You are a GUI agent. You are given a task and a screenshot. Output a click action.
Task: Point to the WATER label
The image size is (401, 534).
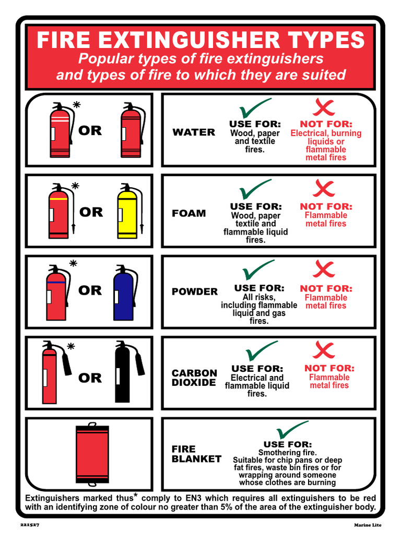click(x=194, y=132)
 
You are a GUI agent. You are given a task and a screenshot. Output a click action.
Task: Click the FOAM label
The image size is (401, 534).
click(x=188, y=213)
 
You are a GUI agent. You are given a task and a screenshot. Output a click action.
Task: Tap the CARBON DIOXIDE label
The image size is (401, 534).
click(x=194, y=378)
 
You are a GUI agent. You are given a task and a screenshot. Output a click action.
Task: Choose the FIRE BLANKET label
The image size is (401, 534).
click(x=196, y=454)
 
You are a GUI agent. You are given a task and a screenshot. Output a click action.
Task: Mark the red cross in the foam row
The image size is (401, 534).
click(x=324, y=189)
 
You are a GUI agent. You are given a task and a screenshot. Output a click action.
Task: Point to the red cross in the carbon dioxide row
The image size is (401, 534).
click(x=324, y=350)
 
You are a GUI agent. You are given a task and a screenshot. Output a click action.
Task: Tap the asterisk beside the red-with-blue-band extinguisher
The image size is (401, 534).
click(x=73, y=264)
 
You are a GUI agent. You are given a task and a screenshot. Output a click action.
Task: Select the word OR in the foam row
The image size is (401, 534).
click(x=91, y=212)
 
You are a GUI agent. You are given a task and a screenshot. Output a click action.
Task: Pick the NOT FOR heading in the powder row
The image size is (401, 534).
click(x=326, y=288)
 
